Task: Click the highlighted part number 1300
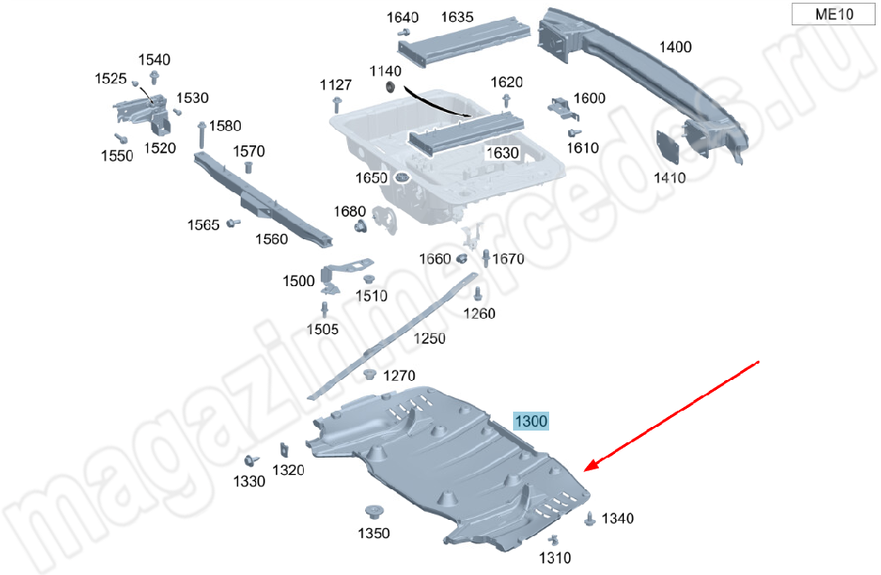(x=531, y=421)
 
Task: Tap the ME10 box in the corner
(x=833, y=14)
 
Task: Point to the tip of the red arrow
(x=585, y=470)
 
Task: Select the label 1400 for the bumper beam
(x=675, y=47)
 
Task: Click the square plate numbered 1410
(x=667, y=146)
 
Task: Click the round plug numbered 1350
(x=373, y=513)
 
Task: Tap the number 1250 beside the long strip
(x=429, y=339)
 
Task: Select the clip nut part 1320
(x=284, y=450)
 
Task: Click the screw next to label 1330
(x=251, y=460)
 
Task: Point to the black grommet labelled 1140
(x=390, y=88)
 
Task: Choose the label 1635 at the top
(x=457, y=17)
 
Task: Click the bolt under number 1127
(x=336, y=105)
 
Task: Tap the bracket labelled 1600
(x=563, y=109)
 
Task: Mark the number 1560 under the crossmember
(x=271, y=239)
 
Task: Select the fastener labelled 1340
(x=590, y=519)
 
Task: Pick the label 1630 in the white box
(x=502, y=153)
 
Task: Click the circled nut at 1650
(x=401, y=179)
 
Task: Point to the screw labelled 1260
(x=478, y=293)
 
